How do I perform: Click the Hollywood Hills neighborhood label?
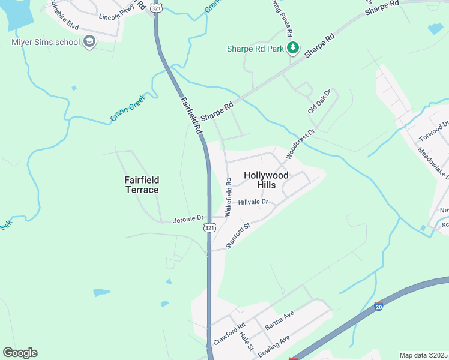pos(266,180)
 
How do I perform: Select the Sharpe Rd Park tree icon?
pos(293,47)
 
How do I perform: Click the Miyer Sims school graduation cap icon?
pos(89,42)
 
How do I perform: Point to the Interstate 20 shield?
pos(378,307)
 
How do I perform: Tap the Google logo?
pos(20,353)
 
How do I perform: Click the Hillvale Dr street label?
pos(256,203)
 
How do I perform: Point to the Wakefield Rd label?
pos(228,197)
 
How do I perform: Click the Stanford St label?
pos(237,236)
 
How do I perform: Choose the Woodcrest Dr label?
pos(300,143)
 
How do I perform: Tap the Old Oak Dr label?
pos(319,101)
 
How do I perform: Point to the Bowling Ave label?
pos(274,347)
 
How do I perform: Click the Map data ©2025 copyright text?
pos(424,355)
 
